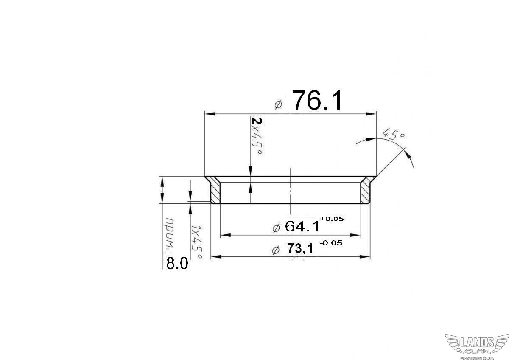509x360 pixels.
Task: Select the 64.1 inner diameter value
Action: [x=302, y=226]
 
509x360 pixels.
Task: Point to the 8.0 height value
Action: [x=177, y=263]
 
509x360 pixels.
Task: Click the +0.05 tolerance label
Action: [x=332, y=219]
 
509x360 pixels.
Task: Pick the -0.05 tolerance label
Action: [x=331, y=243]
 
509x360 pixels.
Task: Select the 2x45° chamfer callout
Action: [x=257, y=136]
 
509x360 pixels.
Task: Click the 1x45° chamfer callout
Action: [x=196, y=242]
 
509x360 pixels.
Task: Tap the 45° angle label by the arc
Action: [x=394, y=135]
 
